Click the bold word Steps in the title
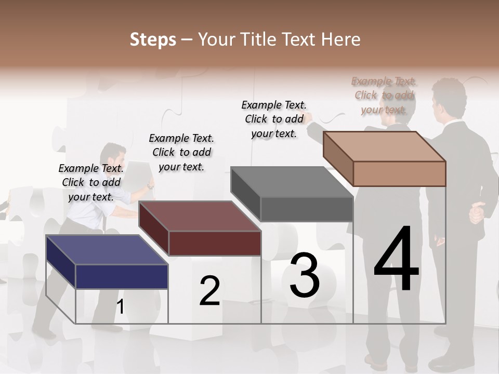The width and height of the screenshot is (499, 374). coord(153,39)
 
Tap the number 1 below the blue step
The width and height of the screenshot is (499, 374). coord(120,307)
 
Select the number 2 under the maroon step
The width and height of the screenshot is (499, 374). coord(209,291)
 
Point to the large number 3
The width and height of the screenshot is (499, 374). coord(305,275)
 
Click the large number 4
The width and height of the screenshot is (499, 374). coord(396,259)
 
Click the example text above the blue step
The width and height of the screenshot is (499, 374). coord(91,182)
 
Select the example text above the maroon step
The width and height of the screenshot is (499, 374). coord(181,152)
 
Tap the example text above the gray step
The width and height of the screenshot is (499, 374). coord(274,119)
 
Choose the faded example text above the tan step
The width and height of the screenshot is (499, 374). coord(384,95)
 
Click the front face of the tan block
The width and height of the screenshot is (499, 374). coord(399,173)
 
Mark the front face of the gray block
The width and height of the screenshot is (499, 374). coord(307,209)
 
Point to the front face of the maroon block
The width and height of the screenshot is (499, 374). coord(215,243)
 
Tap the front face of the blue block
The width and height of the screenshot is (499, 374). coord(122,276)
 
